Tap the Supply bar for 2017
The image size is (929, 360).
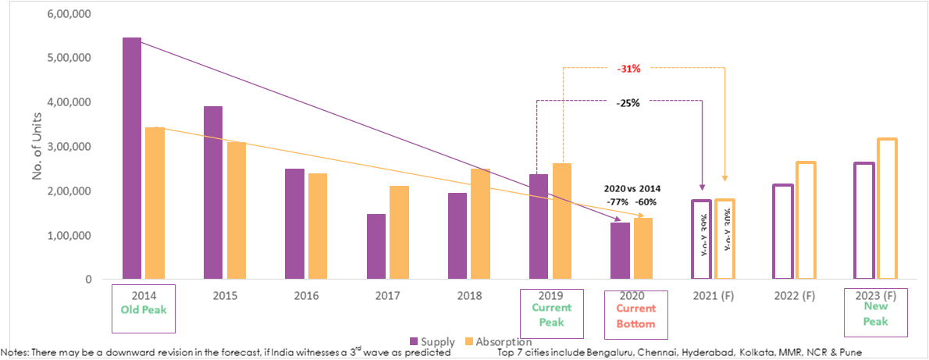pos(376,247)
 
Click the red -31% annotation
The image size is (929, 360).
pos(628,69)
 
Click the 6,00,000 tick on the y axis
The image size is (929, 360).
pos(69,14)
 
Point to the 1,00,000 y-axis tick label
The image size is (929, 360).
pos(69,236)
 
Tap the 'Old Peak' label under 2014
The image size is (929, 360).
pos(143,310)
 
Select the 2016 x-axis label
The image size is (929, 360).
pos(305,297)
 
